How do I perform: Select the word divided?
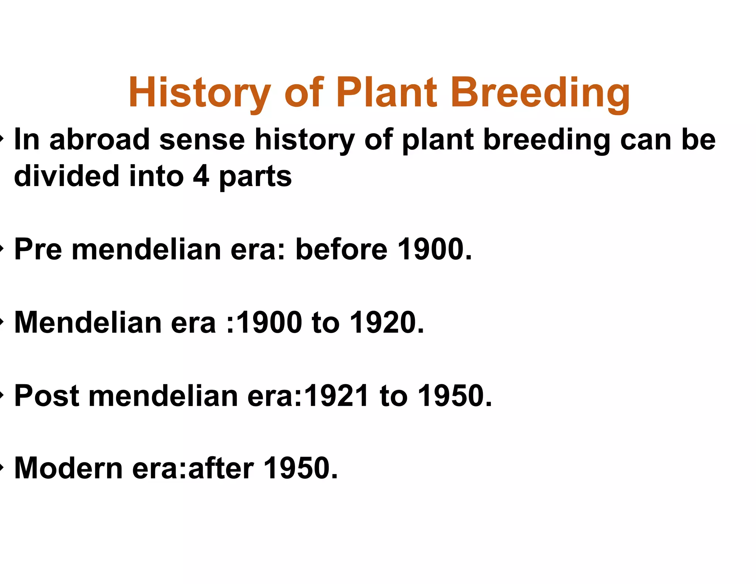[66, 176]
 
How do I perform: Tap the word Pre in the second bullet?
[38, 249]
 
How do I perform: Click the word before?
[342, 249]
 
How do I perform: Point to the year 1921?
[336, 395]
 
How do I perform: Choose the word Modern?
[68, 468]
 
